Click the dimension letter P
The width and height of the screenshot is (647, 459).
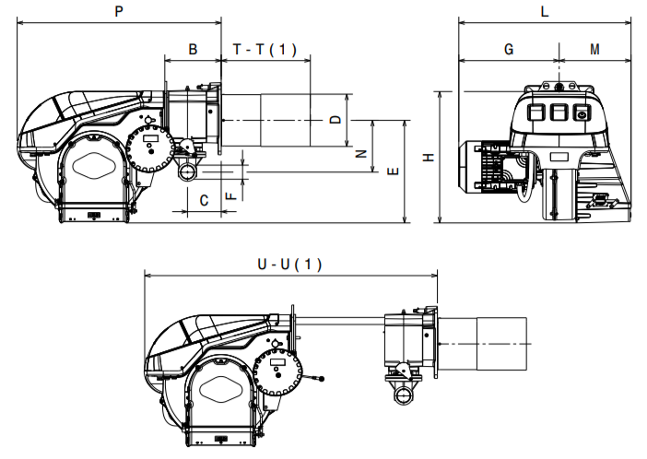(x=119, y=11)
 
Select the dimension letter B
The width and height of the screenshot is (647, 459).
(x=193, y=49)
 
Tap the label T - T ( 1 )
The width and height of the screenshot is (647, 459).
(x=265, y=50)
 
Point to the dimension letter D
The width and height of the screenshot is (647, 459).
(x=335, y=120)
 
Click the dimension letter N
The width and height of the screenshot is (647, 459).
(x=361, y=154)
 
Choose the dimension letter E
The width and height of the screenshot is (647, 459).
(x=394, y=171)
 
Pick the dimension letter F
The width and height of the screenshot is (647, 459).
(x=231, y=195)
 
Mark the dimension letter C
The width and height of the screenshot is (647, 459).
(x=204, y=201)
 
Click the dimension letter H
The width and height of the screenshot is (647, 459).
(x=429, y=158)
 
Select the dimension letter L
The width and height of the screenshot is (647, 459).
(x=545, y=11)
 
